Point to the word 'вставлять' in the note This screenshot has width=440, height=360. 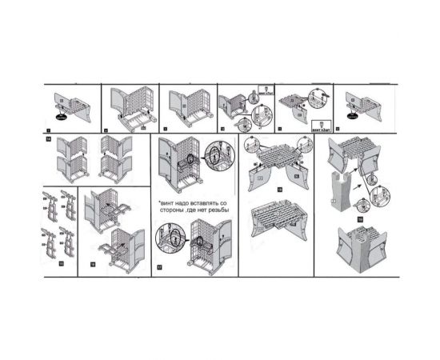(204, 207)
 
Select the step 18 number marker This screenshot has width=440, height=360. (279, 190)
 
